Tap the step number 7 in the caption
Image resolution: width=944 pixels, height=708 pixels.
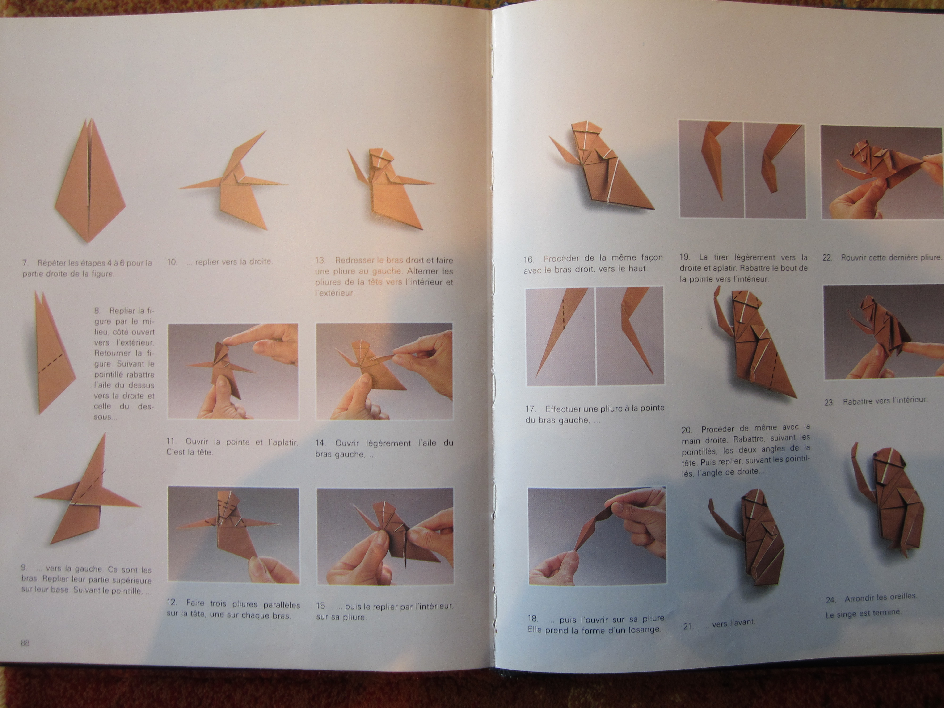click(x=25, y=263)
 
